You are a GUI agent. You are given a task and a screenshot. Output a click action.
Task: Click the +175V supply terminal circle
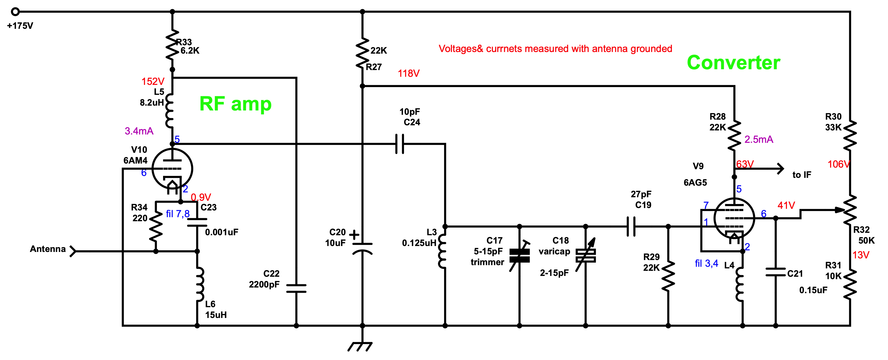tap(15, 12)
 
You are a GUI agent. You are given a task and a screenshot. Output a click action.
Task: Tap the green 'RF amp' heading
tap(236, 103)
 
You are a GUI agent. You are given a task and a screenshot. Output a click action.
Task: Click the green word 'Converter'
tap(733, 63)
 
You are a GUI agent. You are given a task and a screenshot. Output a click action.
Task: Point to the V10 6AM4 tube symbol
tap(172, 169)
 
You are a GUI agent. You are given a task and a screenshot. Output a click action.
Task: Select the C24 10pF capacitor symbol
tap(399, 144)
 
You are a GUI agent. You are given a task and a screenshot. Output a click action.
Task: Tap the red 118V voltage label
tap(409, 74)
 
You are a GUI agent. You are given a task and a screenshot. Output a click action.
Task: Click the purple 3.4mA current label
tap(139, 131)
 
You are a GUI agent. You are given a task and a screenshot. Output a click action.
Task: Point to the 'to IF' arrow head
tap(780, 169)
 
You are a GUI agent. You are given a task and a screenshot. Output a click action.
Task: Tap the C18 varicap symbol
tap(586, 255)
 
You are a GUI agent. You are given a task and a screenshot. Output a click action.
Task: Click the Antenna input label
tap(48, 249)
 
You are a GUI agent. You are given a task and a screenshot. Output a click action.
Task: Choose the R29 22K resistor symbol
tap(668, 276)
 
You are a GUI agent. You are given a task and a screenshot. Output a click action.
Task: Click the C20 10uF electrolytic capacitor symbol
tap(362, 248)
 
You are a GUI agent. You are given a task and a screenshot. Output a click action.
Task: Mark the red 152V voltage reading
tap(153, 82)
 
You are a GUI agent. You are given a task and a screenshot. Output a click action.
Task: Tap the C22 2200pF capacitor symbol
tap(296, 288)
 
